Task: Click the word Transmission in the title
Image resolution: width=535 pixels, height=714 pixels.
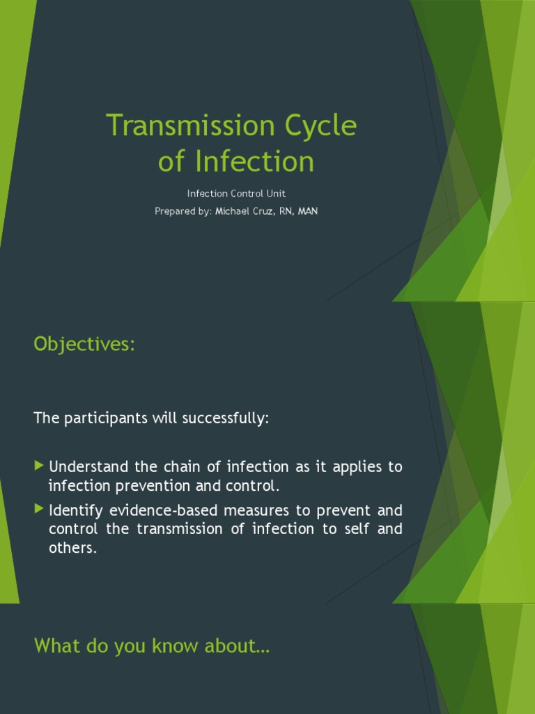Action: tap(182, 126)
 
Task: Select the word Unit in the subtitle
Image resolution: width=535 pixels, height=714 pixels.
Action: tap(276, 194)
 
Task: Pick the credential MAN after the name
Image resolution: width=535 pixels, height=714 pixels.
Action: tap(307, 211)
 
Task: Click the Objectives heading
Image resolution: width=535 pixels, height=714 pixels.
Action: tap(84, 344)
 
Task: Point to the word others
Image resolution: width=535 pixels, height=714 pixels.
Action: tap(72, 548)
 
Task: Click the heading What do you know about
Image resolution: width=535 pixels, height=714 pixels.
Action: tap(151, 646)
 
